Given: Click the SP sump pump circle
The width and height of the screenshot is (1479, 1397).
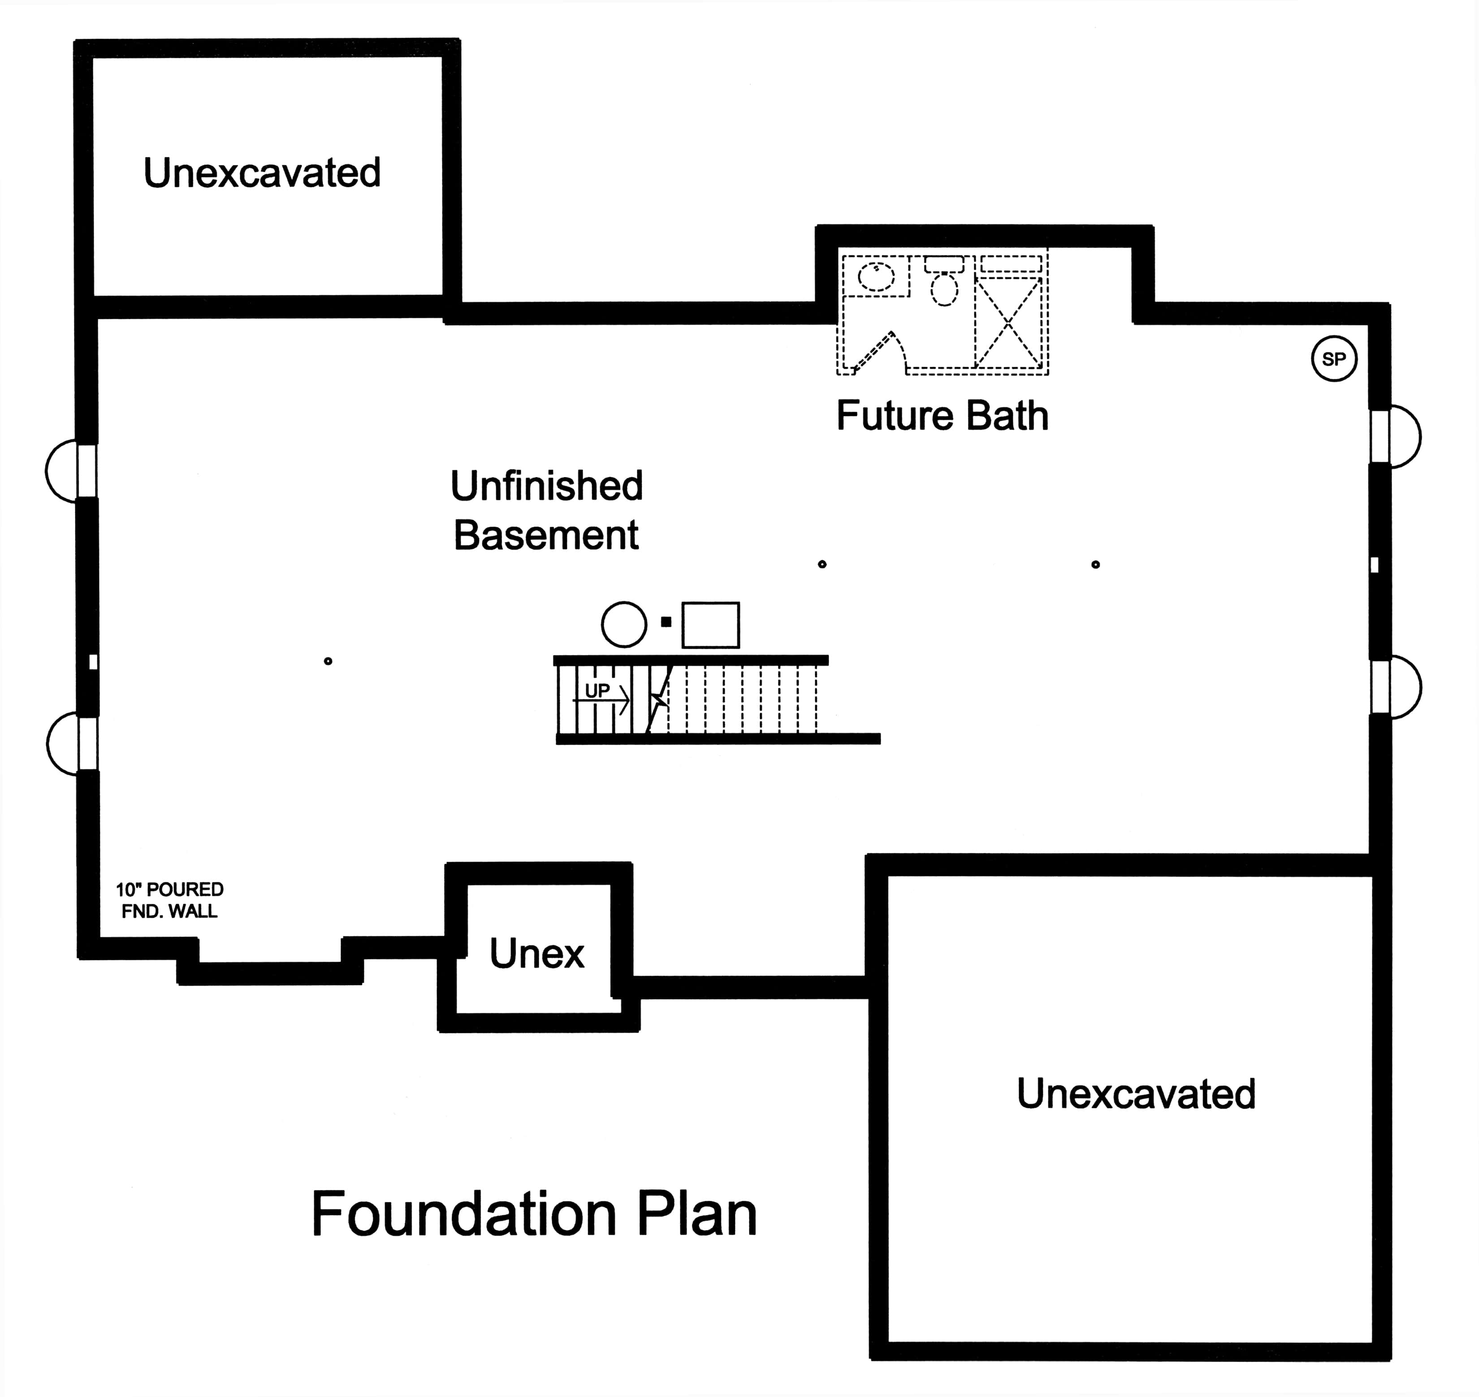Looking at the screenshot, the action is tap(1334, 359).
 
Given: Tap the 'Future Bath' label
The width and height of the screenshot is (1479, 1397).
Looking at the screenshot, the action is tap(943, 416).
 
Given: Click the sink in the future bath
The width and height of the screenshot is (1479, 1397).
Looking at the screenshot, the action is tap(876, 276).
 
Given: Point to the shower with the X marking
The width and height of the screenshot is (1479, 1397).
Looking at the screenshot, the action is tap(1008, 322).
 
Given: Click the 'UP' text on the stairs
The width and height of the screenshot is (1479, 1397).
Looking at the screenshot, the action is tap(597, 690).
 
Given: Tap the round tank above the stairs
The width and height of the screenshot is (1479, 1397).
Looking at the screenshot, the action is tap(624, 624).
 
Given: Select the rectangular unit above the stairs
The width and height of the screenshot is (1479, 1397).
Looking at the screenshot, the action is tap(711, 625).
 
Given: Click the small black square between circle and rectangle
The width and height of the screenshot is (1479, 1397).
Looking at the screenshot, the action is tap(666, 622).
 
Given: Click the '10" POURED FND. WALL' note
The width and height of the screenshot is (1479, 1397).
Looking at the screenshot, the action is tap(170, 900).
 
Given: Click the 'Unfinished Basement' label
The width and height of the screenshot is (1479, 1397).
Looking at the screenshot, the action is tap(546, 510).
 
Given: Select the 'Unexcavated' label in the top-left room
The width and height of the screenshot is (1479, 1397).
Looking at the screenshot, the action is tap(262, 173).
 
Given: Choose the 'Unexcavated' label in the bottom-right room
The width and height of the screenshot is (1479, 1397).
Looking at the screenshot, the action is tap(1136, 1094).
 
